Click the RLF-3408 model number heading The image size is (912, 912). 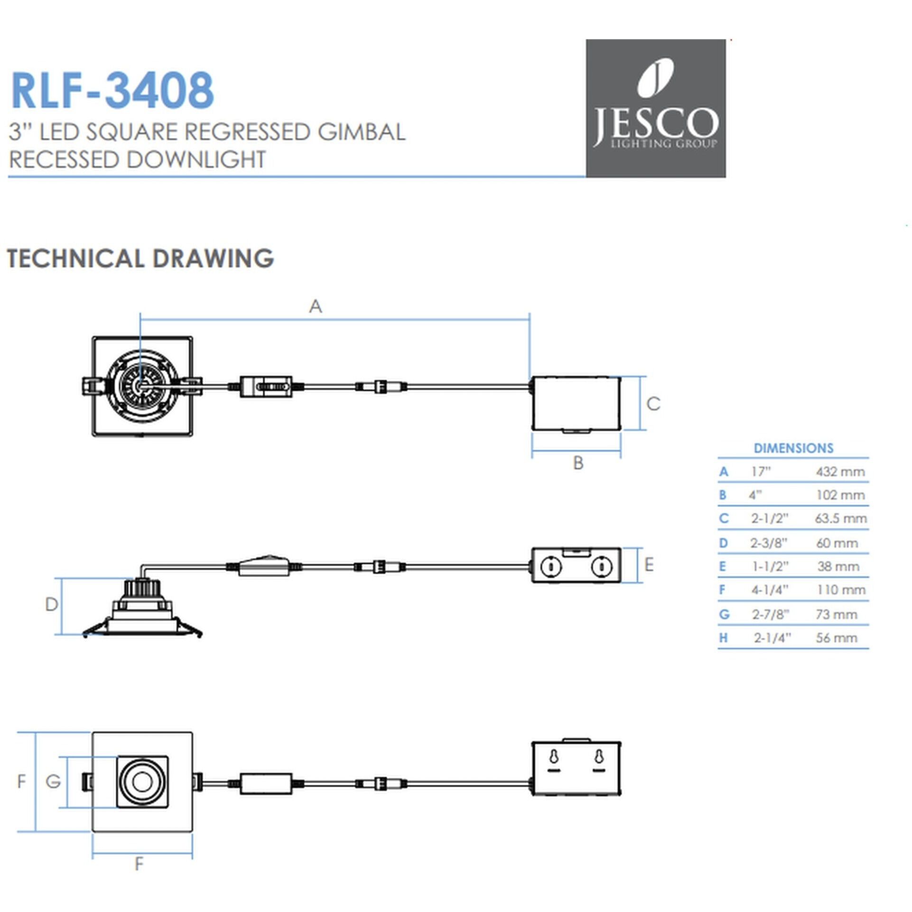coord(112,90)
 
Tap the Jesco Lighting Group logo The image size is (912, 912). coord(655,108)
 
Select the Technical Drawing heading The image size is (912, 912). coord(140,259)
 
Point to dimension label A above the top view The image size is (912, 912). coord(316,307)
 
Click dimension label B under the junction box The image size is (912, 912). coord(578,463)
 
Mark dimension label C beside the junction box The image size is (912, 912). coord(653,404)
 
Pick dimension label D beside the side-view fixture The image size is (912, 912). coord(51,605)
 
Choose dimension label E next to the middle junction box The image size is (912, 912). coord(649,565)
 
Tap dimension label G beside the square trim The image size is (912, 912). coord(53,781)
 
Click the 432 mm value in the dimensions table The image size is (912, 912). coord(840,472)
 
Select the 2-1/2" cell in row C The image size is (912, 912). coord(769,519)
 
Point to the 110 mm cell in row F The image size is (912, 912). coord(841,590)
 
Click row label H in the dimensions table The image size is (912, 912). coord(723,638)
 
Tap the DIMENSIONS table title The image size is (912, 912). coord(793,448)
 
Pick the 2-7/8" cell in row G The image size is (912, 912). coord(770,614)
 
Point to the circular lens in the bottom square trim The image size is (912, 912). coord(142,782)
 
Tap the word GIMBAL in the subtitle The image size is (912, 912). coord(362,132)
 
